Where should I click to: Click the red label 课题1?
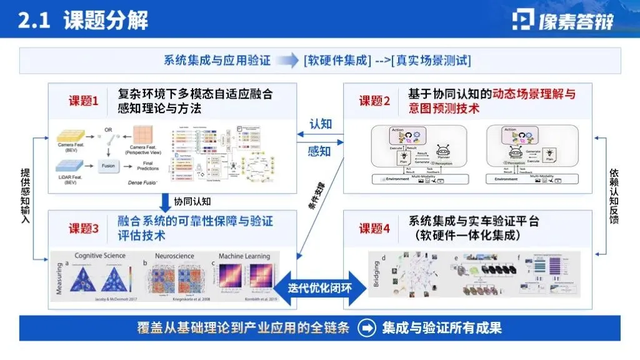pyautogui.click(x=84, y=101)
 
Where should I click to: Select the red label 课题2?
pyautogui.click(x=375, y=101)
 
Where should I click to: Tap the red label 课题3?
pyautogui.click(x=84, y=228)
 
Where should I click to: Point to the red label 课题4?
pyautogui.click(x=375, y=228)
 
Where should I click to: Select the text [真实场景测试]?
pyautogui.click(x=431, y=61)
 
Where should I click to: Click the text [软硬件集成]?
pyautogui.click(x=337, y=61)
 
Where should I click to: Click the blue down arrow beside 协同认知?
pyautogui.click(x=166, y=202)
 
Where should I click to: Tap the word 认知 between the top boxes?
pyautogui.click(x=320, y=124)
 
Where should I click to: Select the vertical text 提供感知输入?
pyautogui.click(x=25, y=196)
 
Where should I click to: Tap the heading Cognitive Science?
pyautogui.click(x=100, y=256)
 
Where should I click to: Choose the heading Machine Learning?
pyautogui.click(x=244, y=256)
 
